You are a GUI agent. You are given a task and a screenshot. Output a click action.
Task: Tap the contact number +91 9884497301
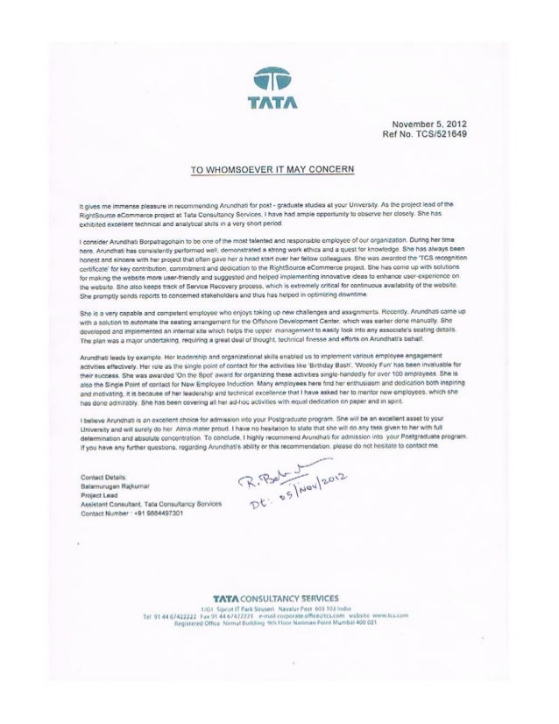[x=118, y=515]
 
